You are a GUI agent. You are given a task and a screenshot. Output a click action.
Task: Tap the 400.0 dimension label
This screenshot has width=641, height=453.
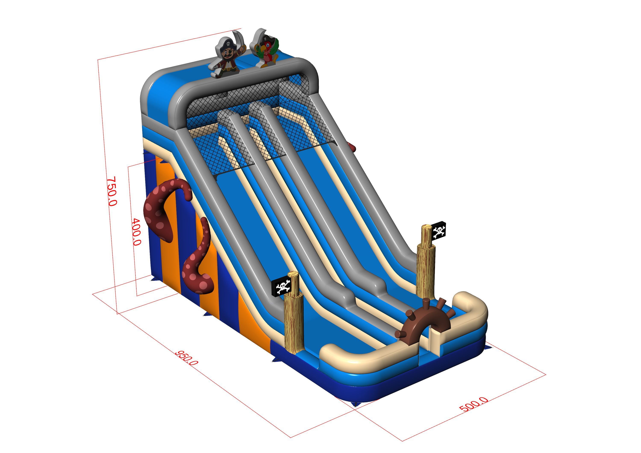pos(136,232)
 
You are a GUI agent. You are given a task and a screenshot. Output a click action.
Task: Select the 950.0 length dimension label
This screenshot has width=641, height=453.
pos(187,358)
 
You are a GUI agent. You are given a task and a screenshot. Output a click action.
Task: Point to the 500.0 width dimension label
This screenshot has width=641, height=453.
pos(474,405)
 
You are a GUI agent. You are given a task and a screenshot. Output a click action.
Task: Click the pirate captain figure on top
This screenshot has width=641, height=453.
pos(227,56)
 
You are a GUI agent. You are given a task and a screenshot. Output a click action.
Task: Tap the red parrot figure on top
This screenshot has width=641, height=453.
pos(265,49)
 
